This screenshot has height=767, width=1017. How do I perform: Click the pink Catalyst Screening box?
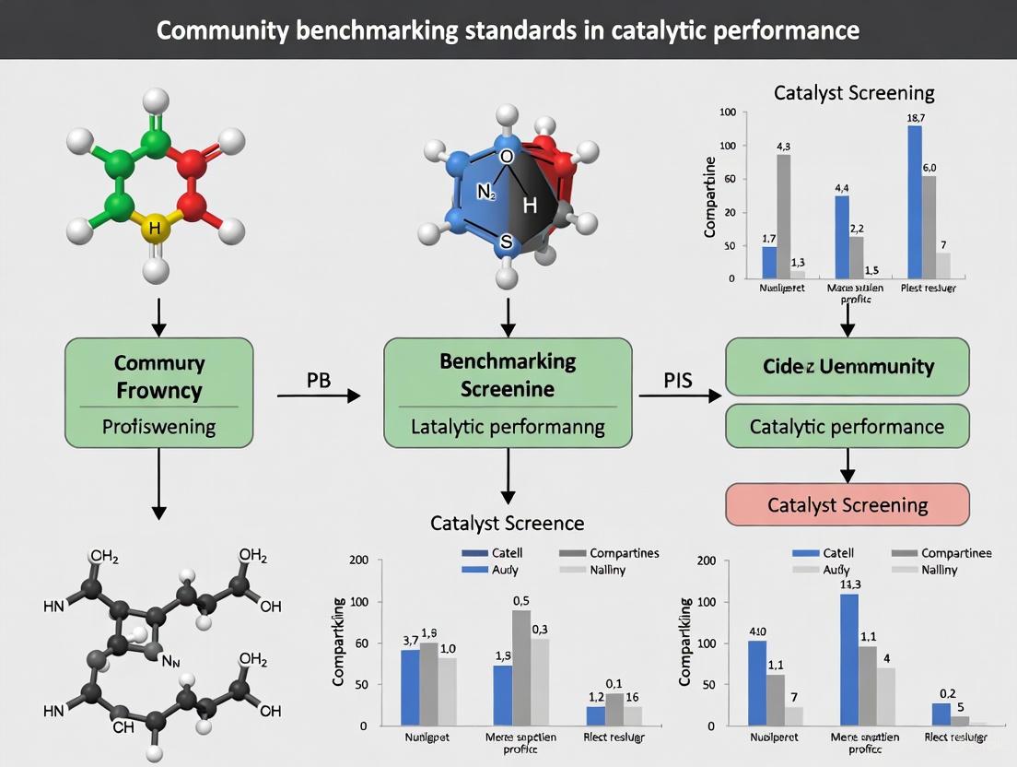[x=847, y=504]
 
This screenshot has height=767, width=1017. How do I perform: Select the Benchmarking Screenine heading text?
[x=508, y=374]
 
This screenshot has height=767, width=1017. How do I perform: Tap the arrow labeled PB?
[x=319, y=395]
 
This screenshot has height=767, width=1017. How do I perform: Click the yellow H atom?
[x=155, y=227]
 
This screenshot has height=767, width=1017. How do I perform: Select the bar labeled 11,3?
[x=848, y=659]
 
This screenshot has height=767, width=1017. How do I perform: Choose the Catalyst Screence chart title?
[x=507, y=523]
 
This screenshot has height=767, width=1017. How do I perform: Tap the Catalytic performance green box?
[x=847, y=426]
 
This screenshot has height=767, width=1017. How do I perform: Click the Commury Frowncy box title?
[x=158, y=376]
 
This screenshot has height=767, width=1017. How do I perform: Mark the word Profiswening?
[x=158, y=427]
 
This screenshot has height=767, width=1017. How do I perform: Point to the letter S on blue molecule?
[x=505, y=242]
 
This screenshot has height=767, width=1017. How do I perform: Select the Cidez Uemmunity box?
[x=847, y=366]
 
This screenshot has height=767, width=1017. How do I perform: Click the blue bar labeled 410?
[x=757, y=682]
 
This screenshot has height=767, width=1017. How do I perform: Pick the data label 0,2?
[x=941, y=693]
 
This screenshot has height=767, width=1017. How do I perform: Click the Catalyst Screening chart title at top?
[x=854, y=92]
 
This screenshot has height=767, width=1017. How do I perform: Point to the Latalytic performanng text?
[x=508, y=426]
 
